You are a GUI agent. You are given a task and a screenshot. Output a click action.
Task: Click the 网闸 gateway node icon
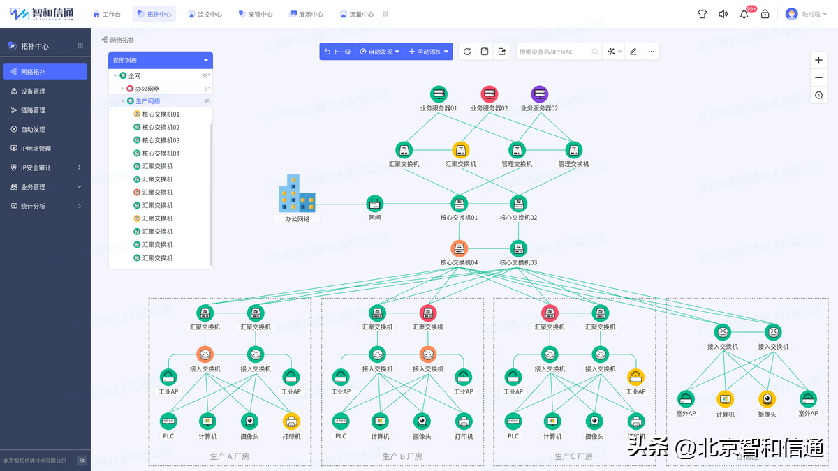(x=375, y=204)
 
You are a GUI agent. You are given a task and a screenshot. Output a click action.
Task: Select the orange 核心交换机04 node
(x=459, y=248)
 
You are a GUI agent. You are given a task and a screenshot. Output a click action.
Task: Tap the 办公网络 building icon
(x=297, y=193)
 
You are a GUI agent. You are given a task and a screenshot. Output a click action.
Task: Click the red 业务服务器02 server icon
(x=489, y=94)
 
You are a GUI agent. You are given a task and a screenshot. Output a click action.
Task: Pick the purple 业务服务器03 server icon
(x=539, y=94)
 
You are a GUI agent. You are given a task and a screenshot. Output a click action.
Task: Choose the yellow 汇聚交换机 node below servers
(x=461, y=150)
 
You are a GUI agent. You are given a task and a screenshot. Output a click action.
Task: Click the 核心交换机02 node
(x=518, y=204)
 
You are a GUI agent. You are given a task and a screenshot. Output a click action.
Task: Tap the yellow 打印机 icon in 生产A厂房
(x=291, y=421)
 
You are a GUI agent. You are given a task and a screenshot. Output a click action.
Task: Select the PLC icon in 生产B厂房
(x=341, y=421)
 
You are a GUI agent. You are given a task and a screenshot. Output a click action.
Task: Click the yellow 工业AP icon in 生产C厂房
(x=635, y=377)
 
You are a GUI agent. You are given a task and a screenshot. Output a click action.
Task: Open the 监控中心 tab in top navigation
(x=205, y=14)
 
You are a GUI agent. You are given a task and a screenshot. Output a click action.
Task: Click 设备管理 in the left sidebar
(x=33, y=91)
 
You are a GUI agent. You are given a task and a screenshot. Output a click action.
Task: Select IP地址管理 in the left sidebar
(x=36, y=149)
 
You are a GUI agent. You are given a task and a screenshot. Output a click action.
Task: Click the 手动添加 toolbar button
(x=429, y=52)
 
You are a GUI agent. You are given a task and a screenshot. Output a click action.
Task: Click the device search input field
(x=555, y=52)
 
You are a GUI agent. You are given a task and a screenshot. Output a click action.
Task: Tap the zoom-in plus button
(x=818, y=60)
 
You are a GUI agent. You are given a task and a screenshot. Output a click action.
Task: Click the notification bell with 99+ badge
(x=744, y=14)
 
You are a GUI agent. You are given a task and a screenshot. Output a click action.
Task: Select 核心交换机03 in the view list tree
(x=161, y=140)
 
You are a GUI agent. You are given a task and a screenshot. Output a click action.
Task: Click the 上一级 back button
(x=337, y=52)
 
